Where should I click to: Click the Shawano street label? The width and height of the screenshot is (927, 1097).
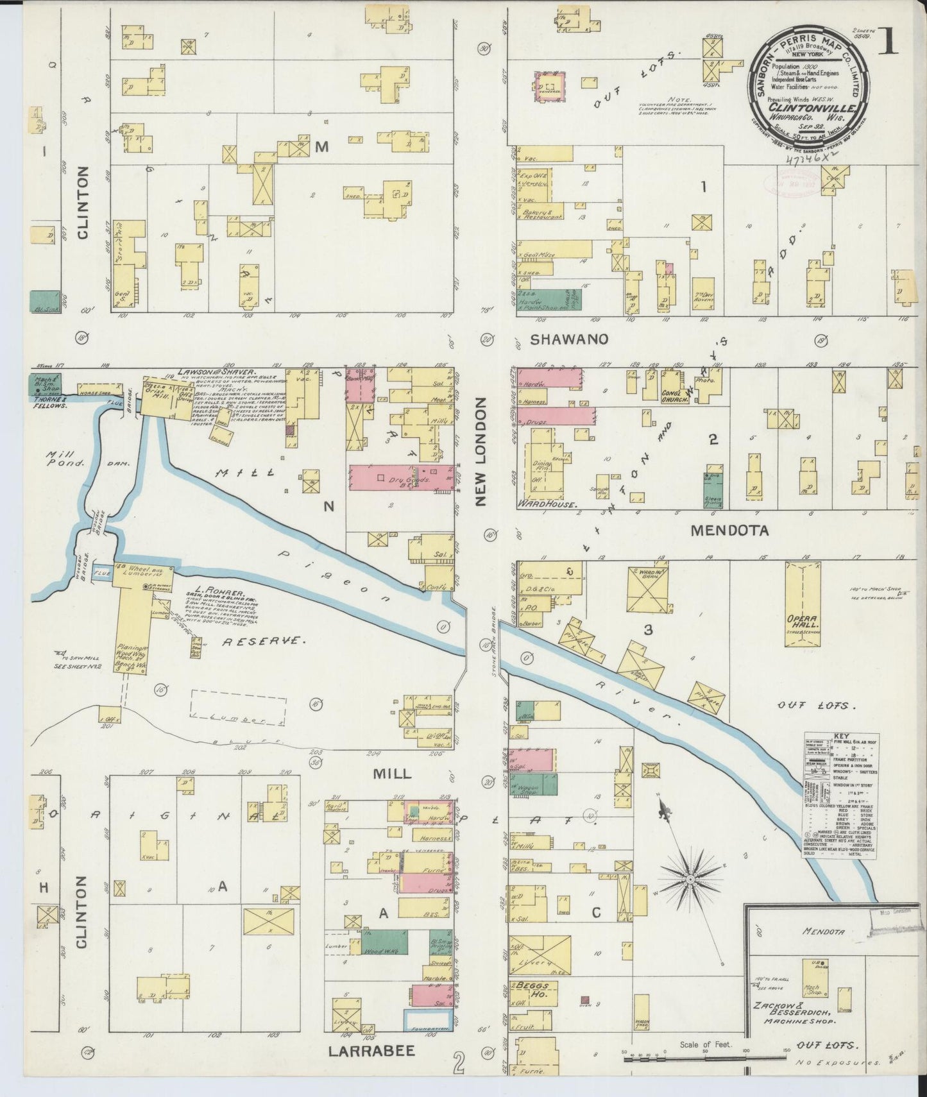click(x=568, y=339)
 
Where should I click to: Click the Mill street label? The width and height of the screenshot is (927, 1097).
click(x=391, y=774)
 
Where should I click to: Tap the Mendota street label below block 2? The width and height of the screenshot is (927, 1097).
click(x=729, y=531)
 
